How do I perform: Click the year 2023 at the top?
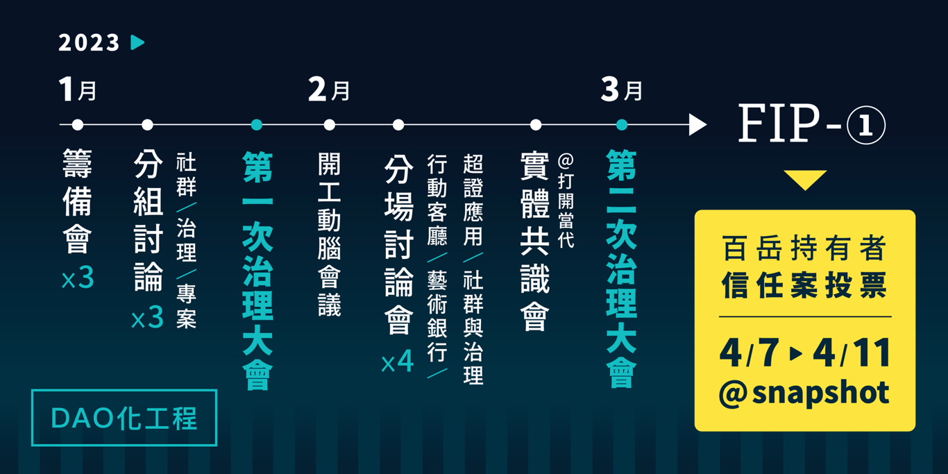[x=89, y=43]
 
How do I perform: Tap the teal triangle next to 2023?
[x=137, y=42]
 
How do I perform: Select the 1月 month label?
[x=78, y=90]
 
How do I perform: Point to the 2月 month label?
[x=329, y=90]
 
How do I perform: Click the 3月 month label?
[x=621, y=90]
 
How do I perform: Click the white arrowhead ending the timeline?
[x=697, y=125]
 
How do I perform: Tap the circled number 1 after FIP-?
[x=866, y=126]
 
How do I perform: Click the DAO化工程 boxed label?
[x=124, y=418]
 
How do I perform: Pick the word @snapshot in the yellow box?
[x=804, y=393]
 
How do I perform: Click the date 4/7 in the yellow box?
[x=749, y=353]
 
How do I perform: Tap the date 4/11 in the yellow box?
[x=852, y=353]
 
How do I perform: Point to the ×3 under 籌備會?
[x=78, y=278]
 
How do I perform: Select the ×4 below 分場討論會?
[x=398, y=362]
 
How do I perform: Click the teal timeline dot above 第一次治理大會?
[x=257, y=125]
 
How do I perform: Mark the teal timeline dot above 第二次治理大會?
[x=622, y=125]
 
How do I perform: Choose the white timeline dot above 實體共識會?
[x=536, y=125]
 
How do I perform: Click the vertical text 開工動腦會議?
[x=329, y=235]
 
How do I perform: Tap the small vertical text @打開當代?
[x=566, y=201]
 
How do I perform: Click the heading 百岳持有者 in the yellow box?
[x=804, y=248]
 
